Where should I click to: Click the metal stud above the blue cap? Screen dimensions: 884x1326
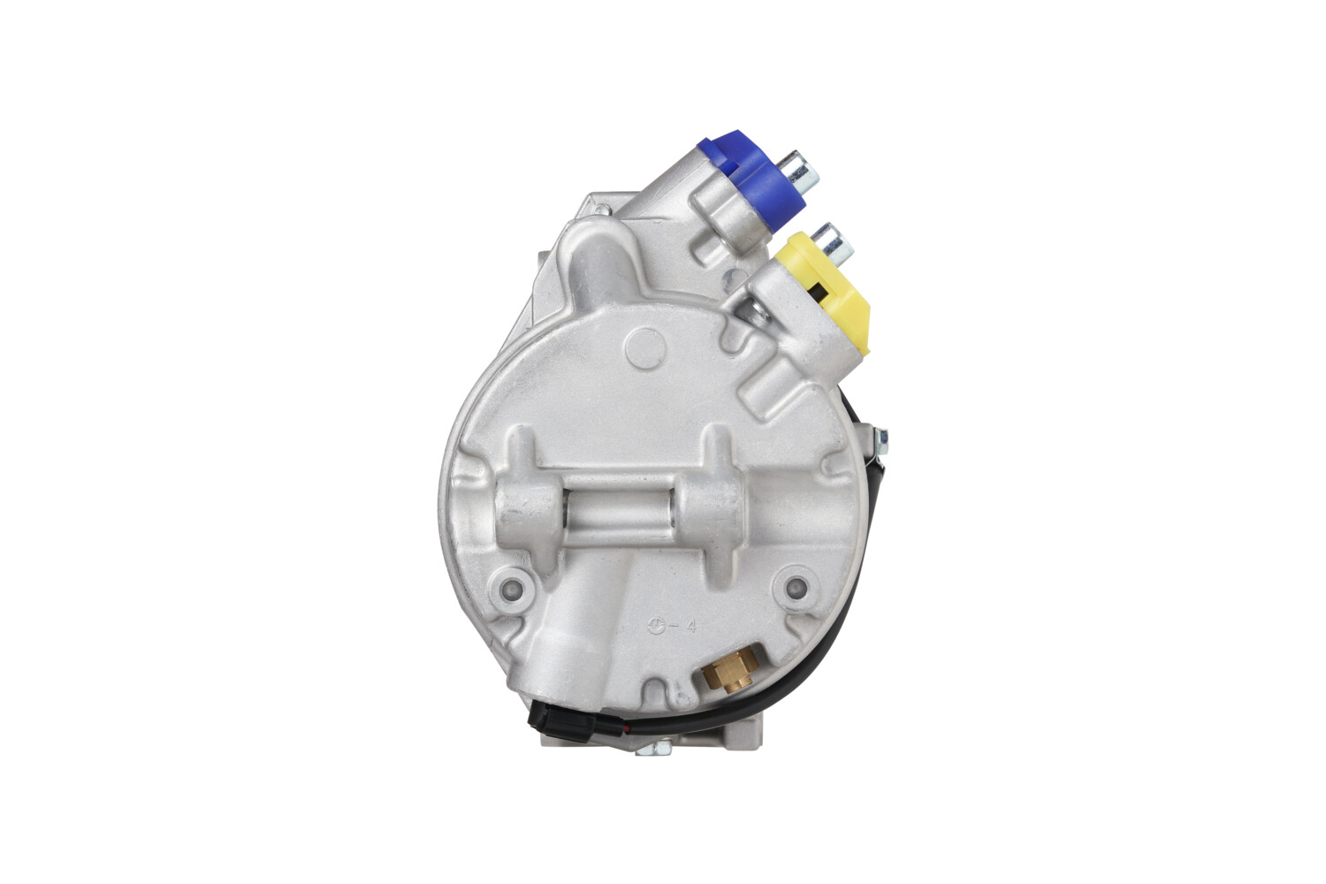point(802,171)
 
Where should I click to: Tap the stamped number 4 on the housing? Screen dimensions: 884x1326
point(692,626)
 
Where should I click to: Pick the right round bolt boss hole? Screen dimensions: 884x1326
point(796,585)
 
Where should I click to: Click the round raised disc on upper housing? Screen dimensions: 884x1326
point(644,348)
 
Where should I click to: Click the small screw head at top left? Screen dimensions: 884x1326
point(601,210)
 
